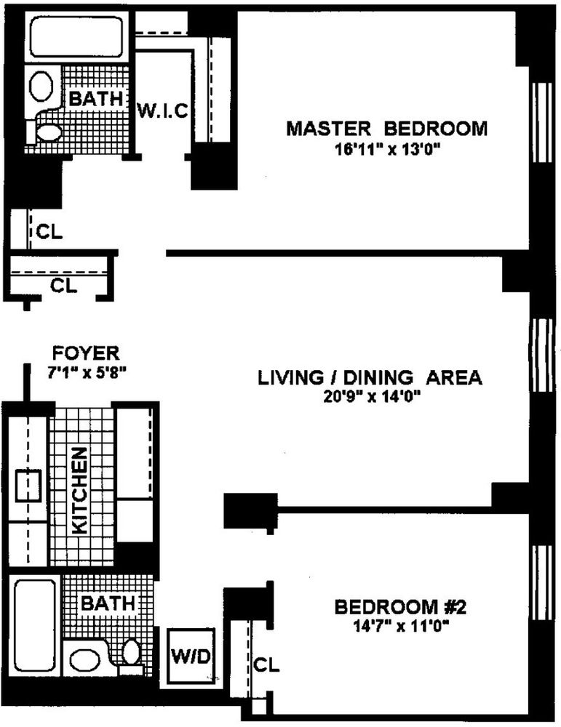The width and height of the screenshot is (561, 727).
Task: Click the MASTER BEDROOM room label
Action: coord(386,129)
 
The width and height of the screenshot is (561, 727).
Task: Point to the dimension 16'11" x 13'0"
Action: coord(386,150)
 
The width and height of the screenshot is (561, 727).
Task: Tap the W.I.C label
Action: coord(163,111)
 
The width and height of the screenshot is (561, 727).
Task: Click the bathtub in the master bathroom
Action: coord(76,37)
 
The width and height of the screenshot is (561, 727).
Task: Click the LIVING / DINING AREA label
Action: coord(370,378)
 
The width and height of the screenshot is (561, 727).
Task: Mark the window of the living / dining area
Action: coord(541,356)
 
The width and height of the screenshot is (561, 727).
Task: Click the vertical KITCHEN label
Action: coord(81,491)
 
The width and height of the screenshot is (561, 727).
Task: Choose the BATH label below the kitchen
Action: coord(107,603)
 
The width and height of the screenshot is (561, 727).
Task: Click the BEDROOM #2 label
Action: coord(390,606)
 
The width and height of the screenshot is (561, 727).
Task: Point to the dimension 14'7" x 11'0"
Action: coord(390,624)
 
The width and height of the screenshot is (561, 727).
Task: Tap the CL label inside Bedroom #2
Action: coord(266,664)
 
